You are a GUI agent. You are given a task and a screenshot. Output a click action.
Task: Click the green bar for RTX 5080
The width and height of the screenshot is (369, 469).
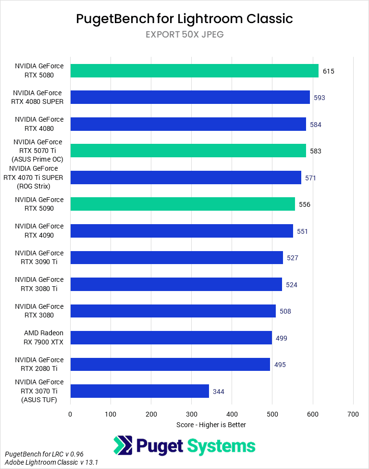coord(194,71)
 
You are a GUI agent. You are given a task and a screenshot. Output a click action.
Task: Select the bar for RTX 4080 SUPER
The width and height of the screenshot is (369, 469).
coord(190,97)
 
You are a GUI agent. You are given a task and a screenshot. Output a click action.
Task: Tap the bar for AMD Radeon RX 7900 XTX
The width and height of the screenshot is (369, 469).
coord(171,338)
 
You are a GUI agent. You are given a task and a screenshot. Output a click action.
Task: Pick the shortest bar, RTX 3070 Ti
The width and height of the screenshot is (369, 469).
coord(139,391)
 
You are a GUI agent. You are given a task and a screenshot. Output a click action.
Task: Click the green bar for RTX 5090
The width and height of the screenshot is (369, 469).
coord(183,204)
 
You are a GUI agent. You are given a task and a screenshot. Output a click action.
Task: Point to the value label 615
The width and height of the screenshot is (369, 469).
coord(329,71)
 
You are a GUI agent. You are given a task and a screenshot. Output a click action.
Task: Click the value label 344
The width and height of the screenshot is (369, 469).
coord(219,392)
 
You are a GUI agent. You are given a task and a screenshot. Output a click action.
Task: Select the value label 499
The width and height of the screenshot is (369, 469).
coord(282,338)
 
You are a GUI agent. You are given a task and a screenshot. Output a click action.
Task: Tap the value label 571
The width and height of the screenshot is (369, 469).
coord(311,178)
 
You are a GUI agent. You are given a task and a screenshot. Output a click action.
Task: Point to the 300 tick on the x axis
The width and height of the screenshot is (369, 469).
coord(192,414)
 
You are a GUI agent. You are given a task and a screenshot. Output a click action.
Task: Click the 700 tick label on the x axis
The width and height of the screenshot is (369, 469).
coord(353,414)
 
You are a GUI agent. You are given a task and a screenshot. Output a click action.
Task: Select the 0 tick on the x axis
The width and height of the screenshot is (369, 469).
coord(71,414)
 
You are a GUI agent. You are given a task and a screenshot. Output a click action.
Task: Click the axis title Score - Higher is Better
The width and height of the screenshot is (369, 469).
coord(211,425)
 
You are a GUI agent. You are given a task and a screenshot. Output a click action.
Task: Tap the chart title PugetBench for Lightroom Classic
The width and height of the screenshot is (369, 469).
coord(184,19)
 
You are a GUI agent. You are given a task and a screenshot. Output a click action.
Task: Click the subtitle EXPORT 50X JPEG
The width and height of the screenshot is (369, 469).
coord(184,35)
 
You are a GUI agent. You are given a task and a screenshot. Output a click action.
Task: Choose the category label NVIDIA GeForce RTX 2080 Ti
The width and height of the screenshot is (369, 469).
coord(39,364)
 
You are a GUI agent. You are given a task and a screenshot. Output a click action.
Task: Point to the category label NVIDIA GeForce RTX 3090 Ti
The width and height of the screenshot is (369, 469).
coord(39,257)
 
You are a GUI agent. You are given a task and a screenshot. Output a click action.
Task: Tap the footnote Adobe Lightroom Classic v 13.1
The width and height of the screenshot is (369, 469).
coord(51,462)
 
